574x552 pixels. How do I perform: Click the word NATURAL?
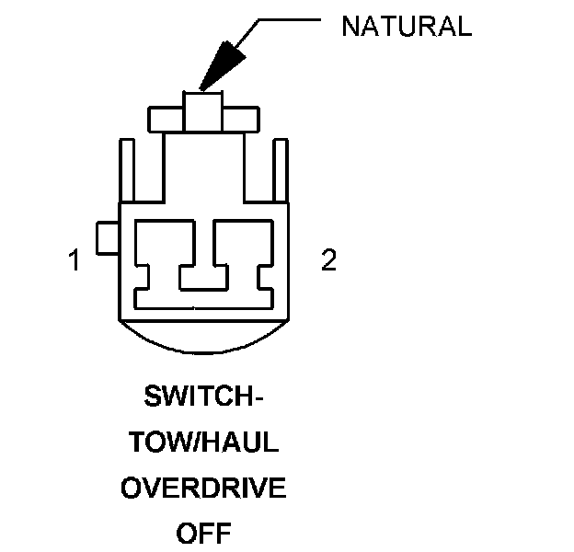(x=406, y=26)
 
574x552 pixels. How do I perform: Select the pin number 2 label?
(x=328, y=261)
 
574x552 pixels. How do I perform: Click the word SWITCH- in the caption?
(x=203, y=397)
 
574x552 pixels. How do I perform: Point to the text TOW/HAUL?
(x=203, y=443)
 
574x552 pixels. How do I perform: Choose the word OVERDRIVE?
(x=203, y=488)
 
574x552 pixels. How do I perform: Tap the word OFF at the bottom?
(x=202, y=533)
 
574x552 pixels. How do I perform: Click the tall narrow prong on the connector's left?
(x=129, y=170)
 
